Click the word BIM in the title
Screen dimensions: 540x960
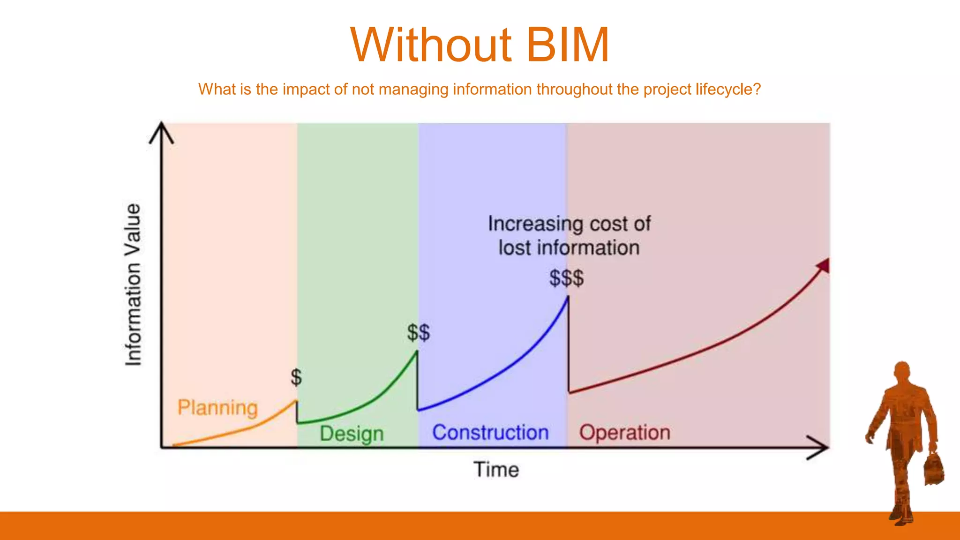(567, 45)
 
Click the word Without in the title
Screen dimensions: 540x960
(430, 45)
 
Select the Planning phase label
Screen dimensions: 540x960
(217, 408)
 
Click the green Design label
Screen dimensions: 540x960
(352, 434)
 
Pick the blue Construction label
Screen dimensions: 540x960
(490, 432)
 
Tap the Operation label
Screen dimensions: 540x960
(624, 432)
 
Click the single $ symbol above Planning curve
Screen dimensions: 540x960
(296, 377)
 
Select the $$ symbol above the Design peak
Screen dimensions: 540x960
(418, 333)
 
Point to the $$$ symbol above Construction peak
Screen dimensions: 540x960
(567, 278)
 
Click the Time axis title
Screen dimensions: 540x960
(496, 470)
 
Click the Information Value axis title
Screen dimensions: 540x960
(133, 285)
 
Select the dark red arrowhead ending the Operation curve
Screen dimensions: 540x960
(824, 266)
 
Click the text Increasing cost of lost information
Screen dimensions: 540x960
(569, 236)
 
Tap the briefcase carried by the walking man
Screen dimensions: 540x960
(934, 469)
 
